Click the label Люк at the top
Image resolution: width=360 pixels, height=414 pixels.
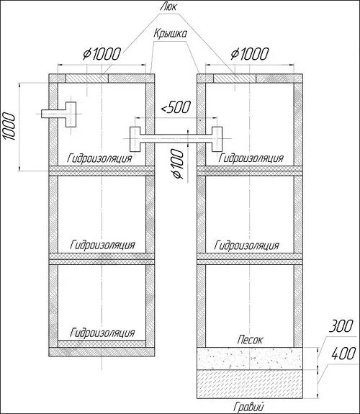[168, 6]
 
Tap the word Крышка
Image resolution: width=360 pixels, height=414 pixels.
[171, 34]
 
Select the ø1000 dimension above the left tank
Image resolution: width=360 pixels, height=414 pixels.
[102, 54]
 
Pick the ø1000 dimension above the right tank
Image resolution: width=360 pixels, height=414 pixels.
[250, 54]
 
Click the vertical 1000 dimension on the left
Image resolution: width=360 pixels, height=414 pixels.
[9, 126]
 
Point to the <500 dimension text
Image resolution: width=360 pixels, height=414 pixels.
[176, 107]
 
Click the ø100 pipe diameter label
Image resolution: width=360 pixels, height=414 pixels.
[177, 163]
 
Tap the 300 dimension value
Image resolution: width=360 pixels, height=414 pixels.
[341, 326]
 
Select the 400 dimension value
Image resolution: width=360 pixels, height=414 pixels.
[343, 354]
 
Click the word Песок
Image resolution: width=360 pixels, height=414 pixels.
[250, 340]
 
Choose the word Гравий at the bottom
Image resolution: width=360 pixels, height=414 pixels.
[248, 407]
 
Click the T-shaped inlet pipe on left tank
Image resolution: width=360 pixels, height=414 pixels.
[58, 114]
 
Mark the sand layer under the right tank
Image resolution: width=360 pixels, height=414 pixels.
[250, 359]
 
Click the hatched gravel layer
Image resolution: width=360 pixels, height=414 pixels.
[250, 384]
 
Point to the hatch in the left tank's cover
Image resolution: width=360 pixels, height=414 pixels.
[87, 78]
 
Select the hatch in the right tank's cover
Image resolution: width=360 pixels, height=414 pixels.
[235, 78]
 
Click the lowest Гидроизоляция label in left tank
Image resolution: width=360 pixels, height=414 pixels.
[102, 333]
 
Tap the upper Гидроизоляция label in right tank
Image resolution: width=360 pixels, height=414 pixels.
[251, 158]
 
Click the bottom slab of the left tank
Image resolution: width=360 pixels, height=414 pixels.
[102, 351]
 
